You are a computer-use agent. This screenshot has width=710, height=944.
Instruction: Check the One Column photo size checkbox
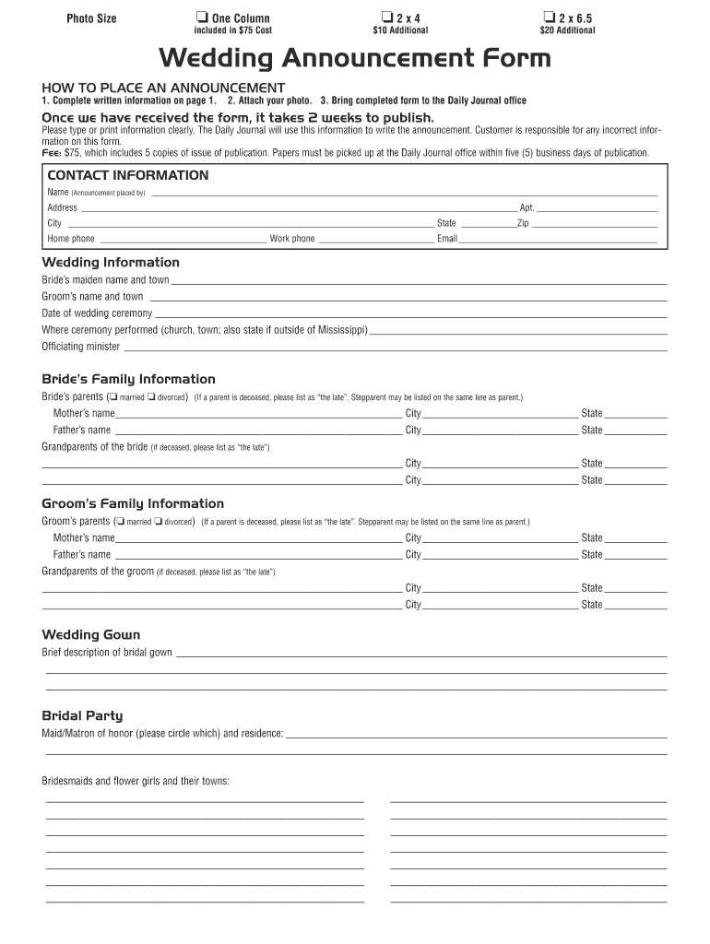click(x=201, y=18)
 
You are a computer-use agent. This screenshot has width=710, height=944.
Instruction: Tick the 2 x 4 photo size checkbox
click(x=385, y=18)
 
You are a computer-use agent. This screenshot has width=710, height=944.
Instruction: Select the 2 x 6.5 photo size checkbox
click(x=550, y=18)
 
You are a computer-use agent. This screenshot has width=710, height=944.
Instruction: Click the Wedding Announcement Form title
click(x=355, y=59)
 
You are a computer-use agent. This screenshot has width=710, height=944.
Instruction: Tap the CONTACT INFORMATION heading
click(x=128, y=175)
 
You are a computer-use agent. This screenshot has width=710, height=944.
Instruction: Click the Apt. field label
click(x=527, y=207)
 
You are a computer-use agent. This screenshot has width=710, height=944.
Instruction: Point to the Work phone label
click(x=292, y=239)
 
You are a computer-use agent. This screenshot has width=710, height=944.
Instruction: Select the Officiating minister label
click(x=81, y=347)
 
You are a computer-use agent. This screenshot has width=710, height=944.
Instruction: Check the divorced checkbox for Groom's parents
click(x=160, y=522)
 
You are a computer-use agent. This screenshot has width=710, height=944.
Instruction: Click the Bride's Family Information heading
click(x=128, y=379)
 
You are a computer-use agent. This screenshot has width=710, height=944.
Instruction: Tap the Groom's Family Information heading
click(x=133, y=503)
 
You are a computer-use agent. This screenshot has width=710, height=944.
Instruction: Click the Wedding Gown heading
click(x=91, y=634)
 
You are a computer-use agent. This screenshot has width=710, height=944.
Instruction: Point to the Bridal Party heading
click(x=82, y=715)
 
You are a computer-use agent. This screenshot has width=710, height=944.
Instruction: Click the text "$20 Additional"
click(x=567, y=30)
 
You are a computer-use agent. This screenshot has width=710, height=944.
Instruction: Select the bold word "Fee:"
click(x=52, y=153)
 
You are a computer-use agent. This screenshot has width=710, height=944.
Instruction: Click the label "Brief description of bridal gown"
click(x=107, y=653)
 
